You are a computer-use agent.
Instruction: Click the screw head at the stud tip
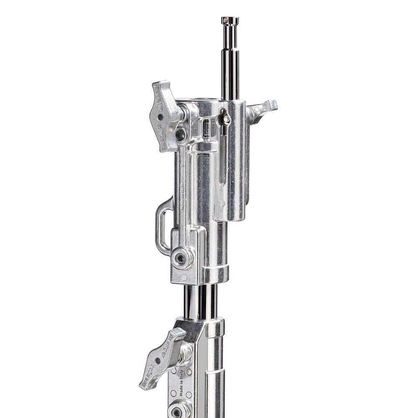(x=230, y=19)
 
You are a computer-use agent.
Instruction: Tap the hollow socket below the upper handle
(x=181, y=134)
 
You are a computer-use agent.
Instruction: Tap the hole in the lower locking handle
(x=157, y=361)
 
